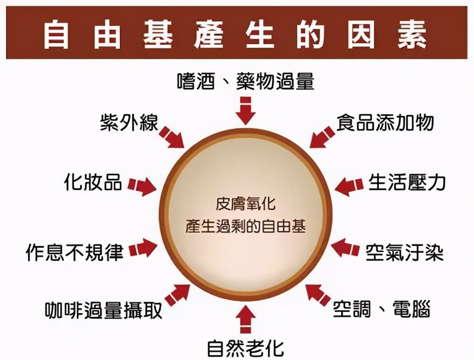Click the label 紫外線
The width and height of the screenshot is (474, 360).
(129, 123)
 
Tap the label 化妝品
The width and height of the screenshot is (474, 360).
(93, 182)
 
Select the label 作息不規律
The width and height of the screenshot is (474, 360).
(75, 252)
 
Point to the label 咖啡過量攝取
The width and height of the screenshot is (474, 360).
(104, 310)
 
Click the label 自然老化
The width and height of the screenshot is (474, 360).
(246, 348)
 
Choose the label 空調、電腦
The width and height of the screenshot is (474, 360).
(382, 309)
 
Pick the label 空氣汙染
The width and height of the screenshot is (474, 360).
(404, 252)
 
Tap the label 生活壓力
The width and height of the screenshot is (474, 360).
(407, 182)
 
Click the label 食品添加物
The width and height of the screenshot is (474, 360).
(385, 122)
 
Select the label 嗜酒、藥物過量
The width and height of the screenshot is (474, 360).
(246, 81)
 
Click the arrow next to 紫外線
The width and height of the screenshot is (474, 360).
(172, 137)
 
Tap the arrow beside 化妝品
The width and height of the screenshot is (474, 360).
(142, 186)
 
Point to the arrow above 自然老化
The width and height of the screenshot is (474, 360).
(246, 319)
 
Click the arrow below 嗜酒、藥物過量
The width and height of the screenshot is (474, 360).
(246, 111)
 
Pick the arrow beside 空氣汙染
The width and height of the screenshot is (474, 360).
(345, 248)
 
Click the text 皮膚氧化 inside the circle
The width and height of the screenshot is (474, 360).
(246, 204)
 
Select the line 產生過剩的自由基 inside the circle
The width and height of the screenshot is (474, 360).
(246, 226)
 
